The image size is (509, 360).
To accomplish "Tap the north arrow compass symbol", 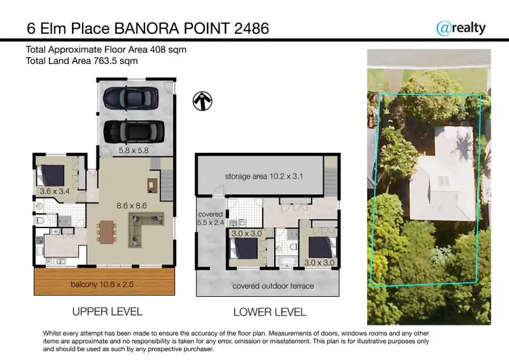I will click(x=202, y=101).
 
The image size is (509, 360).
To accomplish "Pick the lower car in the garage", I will click(x=133, y=129).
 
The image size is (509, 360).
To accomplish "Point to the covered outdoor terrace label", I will click(x=273, y=286).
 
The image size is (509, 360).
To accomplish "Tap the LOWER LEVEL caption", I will click(x=269, y=312).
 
